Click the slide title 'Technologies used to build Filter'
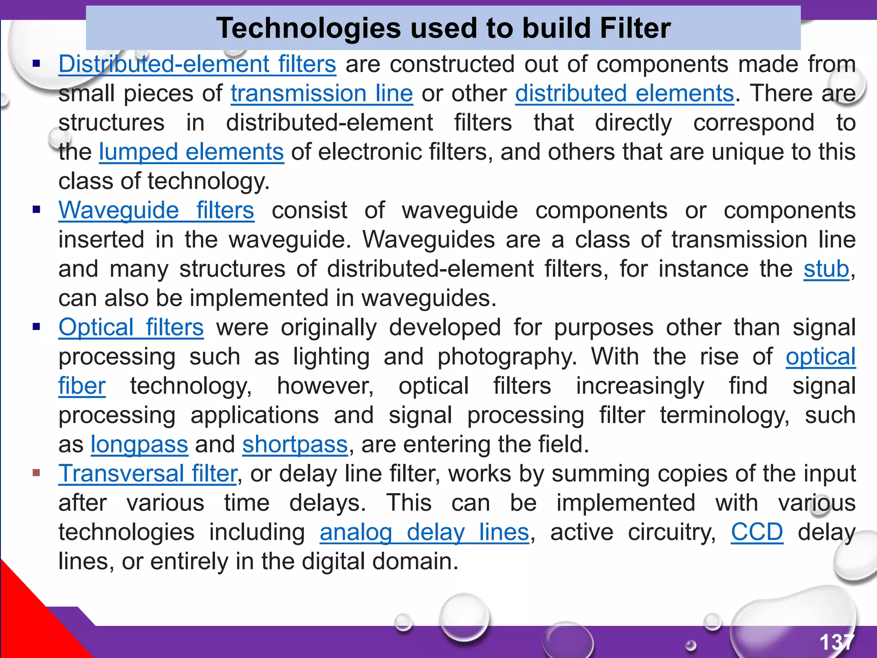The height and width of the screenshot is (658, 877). click(443, 28)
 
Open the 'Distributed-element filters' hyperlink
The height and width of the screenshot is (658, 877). click(197, 64)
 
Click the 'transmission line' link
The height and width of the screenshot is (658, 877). click(322, 93)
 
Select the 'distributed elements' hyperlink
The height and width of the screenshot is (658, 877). click(624, 93)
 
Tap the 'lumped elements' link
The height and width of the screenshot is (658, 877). click(191, 152)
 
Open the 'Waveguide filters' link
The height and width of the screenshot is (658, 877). click(156, 210)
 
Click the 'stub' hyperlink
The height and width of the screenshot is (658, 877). click(826, 269)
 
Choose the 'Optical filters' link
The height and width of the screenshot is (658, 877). click(131, 328)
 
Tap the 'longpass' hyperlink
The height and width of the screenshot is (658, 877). click(139, 445)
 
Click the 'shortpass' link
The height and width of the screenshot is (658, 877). click(295, 445)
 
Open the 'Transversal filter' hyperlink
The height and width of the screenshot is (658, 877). click(148, 474)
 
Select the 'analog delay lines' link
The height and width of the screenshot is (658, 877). click(424, 532)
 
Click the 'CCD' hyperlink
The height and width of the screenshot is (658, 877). click(757, 532)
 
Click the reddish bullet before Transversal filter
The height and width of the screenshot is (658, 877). click(36, 473)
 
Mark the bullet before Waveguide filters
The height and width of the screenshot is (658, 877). click(36, 210)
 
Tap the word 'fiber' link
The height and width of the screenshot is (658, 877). click(82, 386)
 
